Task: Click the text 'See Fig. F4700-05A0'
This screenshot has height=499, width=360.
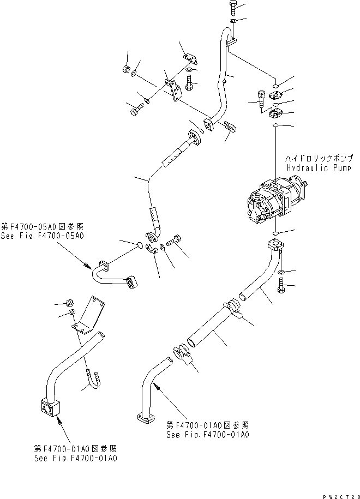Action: [x=43, y=236]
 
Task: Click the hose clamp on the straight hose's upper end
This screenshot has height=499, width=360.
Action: [x=232, y=305]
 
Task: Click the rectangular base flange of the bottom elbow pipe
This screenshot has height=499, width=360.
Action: [x=144, y=420]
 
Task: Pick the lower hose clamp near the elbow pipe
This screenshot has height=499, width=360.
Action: [x=181, y=355]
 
